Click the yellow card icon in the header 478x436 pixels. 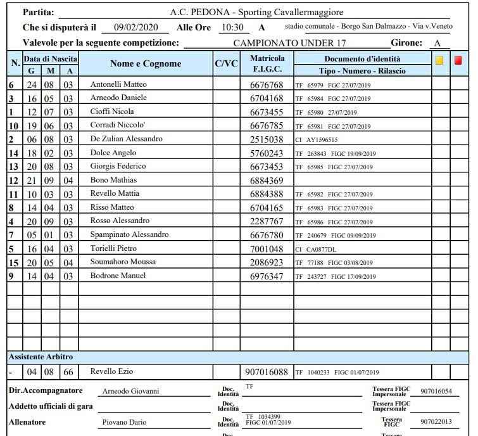point(439,61)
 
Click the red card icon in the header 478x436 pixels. point(458,61)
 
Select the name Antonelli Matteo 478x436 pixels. point(118,84)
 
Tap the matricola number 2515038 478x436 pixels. point(267,139)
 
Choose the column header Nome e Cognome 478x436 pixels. point(146,64)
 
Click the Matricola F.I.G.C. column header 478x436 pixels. point(267,63)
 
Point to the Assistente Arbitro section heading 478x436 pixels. point(41,357)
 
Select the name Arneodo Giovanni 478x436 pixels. point(131,392)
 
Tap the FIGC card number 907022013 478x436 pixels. point(436,422)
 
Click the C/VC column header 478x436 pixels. point(226,63)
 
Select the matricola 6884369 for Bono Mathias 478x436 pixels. point(267,181)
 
